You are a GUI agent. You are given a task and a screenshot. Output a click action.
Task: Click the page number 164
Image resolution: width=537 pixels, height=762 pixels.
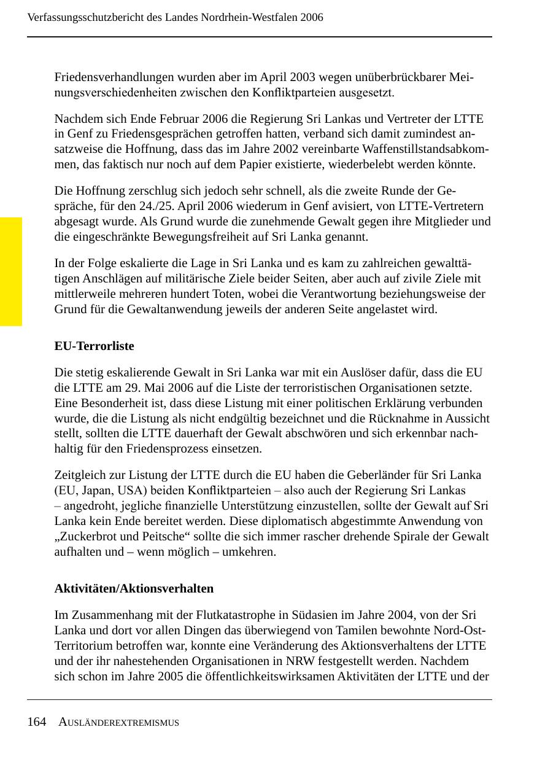pos(36,722)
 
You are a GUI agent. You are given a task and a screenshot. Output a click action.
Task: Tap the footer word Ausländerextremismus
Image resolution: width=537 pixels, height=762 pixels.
pos(119,723)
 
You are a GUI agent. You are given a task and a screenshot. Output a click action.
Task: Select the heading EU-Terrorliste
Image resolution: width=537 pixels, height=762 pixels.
pos(94,346)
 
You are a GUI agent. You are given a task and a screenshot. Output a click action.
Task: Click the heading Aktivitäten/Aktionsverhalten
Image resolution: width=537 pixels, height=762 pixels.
pos(134,589)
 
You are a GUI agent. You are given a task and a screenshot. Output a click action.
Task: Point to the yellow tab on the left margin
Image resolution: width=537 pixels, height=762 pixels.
pos(10,271)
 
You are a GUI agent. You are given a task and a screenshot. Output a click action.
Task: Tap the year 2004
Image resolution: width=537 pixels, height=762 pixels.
pos(392,615)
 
